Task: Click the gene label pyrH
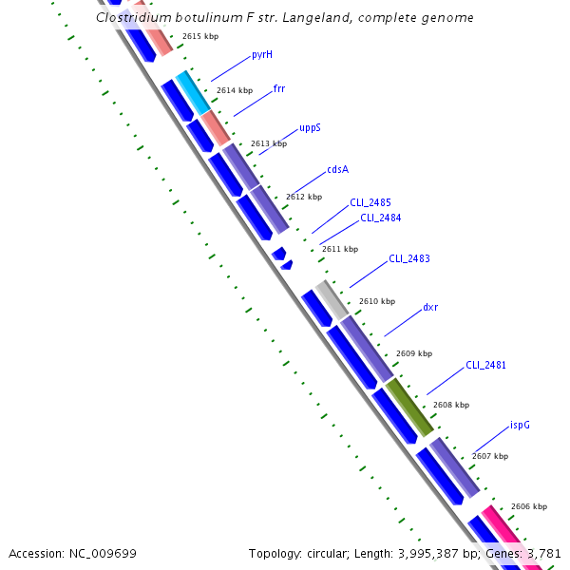click(x=262, y=55)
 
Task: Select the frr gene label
click(x=279, y=88)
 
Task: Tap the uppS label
click(x=310, y=127)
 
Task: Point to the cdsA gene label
click(x=337, y=169)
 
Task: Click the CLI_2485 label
click(x=370, y=202)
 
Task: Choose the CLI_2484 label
click(x=380, y=218)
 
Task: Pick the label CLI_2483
click(x=408, y=258)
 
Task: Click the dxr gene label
click(x=430, y=307)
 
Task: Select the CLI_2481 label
click(x=485, y=365)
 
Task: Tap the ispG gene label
click(x=520, y=425)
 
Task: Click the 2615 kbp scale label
click(x=200, y=36)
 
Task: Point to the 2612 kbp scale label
click(x=304, y=197)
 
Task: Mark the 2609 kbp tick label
click(x=414, y=353)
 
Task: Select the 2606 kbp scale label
click(x=529, y=507)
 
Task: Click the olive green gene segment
click(x=408, y=406)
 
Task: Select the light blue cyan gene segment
click(x=193, y=91)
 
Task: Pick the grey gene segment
click(x=332, y=300)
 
